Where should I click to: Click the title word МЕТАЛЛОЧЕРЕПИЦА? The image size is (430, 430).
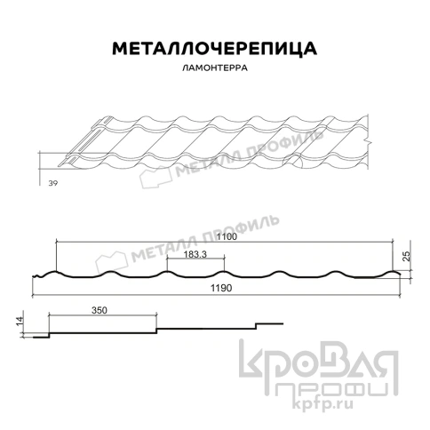click(214, 48)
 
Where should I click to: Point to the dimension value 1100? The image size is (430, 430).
click(226, 238)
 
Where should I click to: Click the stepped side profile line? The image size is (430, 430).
click(160, 329)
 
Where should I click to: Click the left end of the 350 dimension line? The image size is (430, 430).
click(49, 315)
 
